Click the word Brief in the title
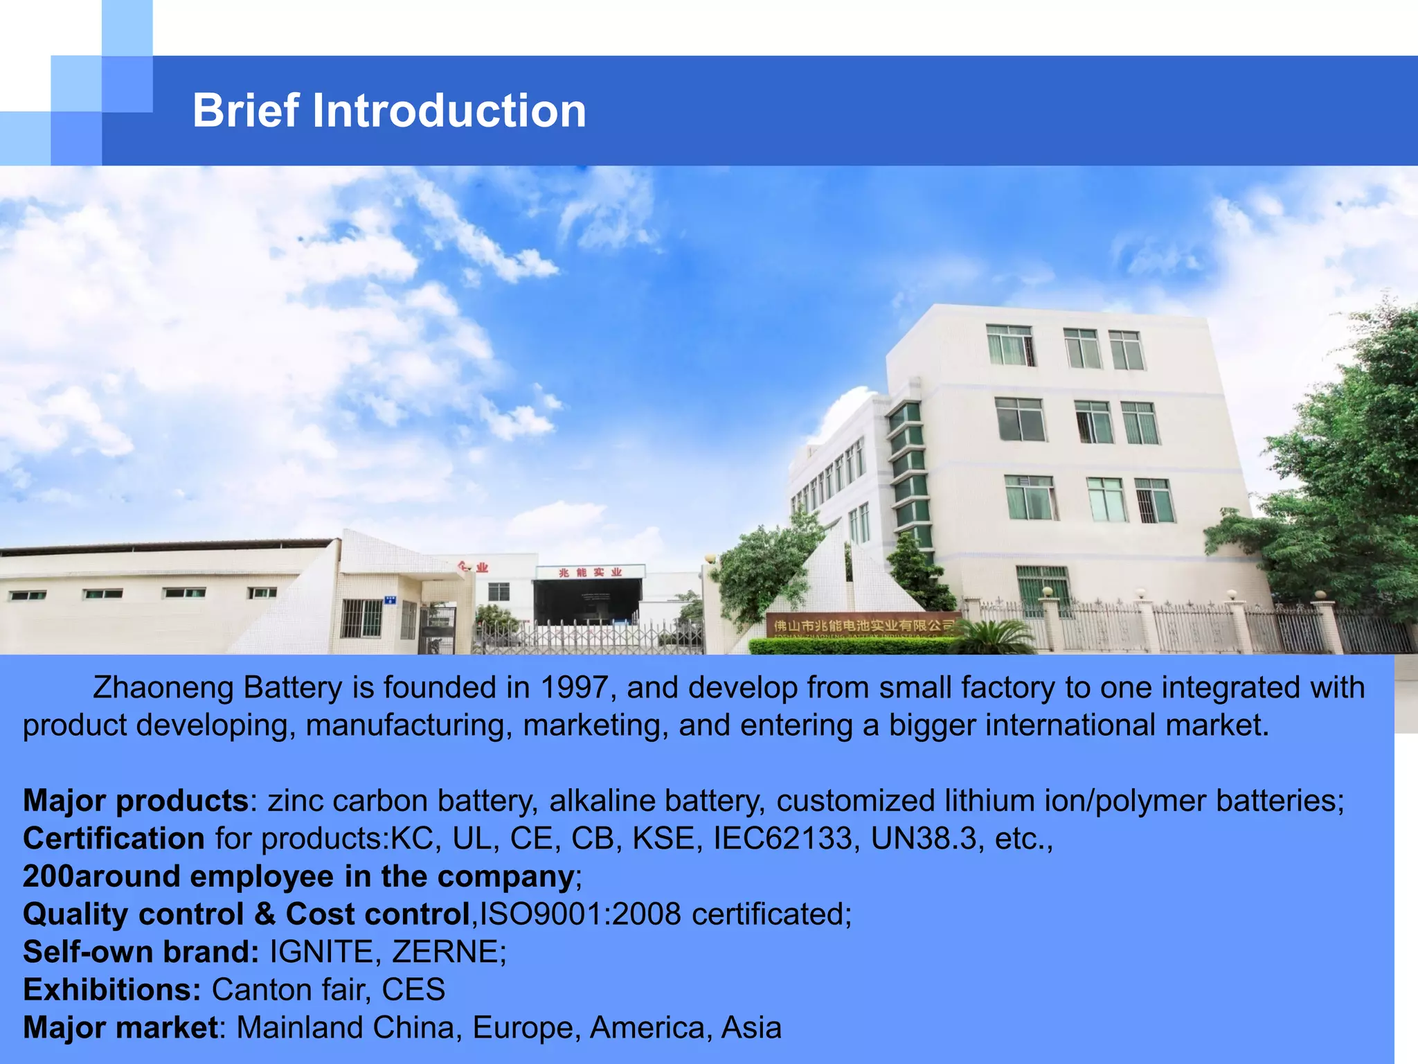(x=246, y=111)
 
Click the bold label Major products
(x=136, y=801)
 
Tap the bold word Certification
(x=114, y=839)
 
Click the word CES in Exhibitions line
(x=413, y=990)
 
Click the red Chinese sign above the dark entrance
(x=591, y=572)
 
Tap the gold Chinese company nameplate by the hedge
(x=862, y=626)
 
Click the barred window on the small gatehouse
(x=361, y=618)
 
